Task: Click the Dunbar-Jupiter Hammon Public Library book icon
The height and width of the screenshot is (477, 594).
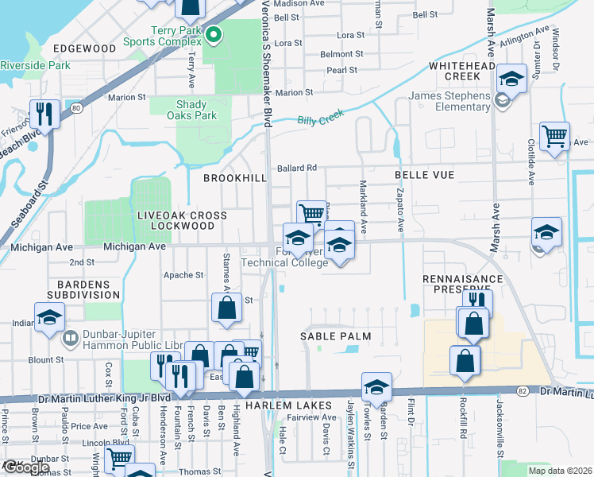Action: pyautogui.click(x=69, y=339)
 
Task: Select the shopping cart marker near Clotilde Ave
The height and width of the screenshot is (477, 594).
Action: pyautogui.click(x=553, y=135)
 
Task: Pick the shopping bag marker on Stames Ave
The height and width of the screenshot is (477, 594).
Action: pyautogui.click(x=226, y=309)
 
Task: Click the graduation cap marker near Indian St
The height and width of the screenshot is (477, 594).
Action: pyautogui.click(x=49, y=317)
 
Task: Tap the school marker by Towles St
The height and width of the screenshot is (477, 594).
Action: pyautogui.click(x=376, y=388)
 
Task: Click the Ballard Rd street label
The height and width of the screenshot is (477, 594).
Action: pyautogui.click(x=297, y=168)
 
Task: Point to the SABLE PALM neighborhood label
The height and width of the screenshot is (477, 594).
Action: pyautogui.click(x=335, y=336)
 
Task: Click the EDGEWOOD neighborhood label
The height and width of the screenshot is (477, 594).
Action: pyautogui.click(x=84, y=48)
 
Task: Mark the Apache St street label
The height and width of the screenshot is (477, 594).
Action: pyautogui.click(x=183, y=275)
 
